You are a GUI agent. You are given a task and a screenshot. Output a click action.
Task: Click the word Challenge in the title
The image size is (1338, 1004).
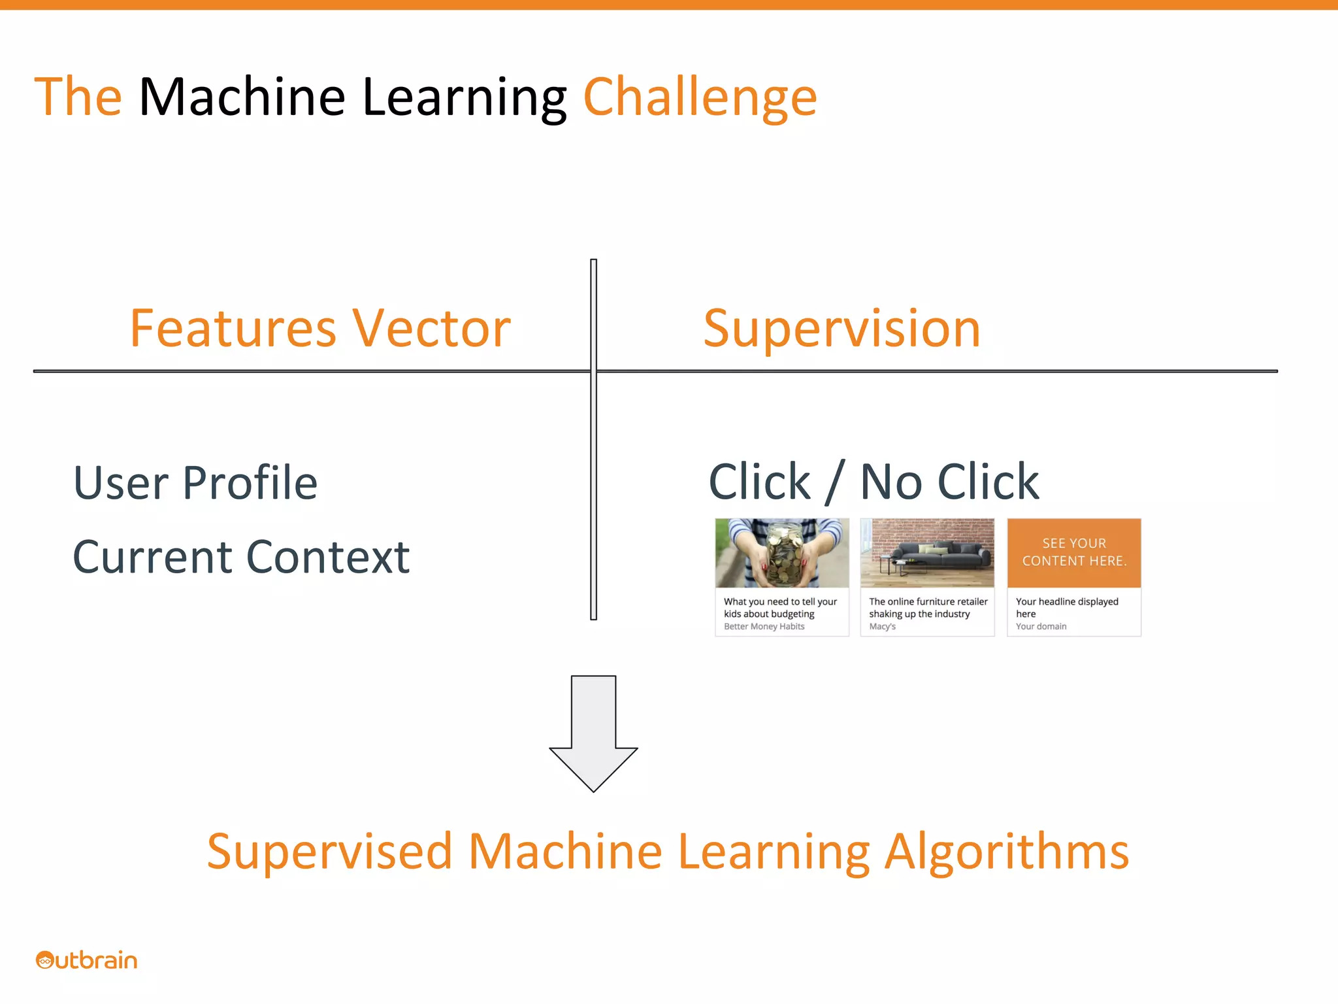[699, 98]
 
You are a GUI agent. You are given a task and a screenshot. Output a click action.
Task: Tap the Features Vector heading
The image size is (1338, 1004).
[320, 328]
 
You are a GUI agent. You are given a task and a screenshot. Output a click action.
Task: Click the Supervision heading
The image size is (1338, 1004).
[841, 328]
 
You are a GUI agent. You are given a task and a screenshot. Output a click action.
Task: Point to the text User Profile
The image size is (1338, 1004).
[195, 483]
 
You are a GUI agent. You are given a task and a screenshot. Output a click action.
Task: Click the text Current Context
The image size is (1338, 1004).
[241, 558]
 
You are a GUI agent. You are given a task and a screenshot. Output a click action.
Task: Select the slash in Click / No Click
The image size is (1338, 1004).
[834, 482]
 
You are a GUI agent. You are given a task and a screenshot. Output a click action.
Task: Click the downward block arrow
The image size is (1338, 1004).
[593, 732]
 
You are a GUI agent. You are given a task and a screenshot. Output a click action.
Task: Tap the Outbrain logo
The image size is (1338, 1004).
[87, 960]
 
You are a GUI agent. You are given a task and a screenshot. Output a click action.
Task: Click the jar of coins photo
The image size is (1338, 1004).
[782, 553]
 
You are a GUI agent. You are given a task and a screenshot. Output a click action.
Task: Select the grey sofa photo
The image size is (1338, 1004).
[927, 553]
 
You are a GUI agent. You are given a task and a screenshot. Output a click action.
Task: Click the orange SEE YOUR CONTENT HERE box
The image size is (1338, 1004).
[1074, 552]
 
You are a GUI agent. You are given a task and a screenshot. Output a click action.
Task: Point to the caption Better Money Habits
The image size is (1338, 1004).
[764, 626]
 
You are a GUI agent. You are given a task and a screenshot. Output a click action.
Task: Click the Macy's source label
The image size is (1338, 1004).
[882, 626]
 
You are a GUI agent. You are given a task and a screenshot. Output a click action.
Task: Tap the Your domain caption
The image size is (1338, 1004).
[1041, 626]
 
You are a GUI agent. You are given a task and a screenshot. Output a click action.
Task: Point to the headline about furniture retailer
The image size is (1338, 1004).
[928, 607]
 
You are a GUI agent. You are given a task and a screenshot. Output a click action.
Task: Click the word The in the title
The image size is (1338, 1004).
[78, 98]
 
